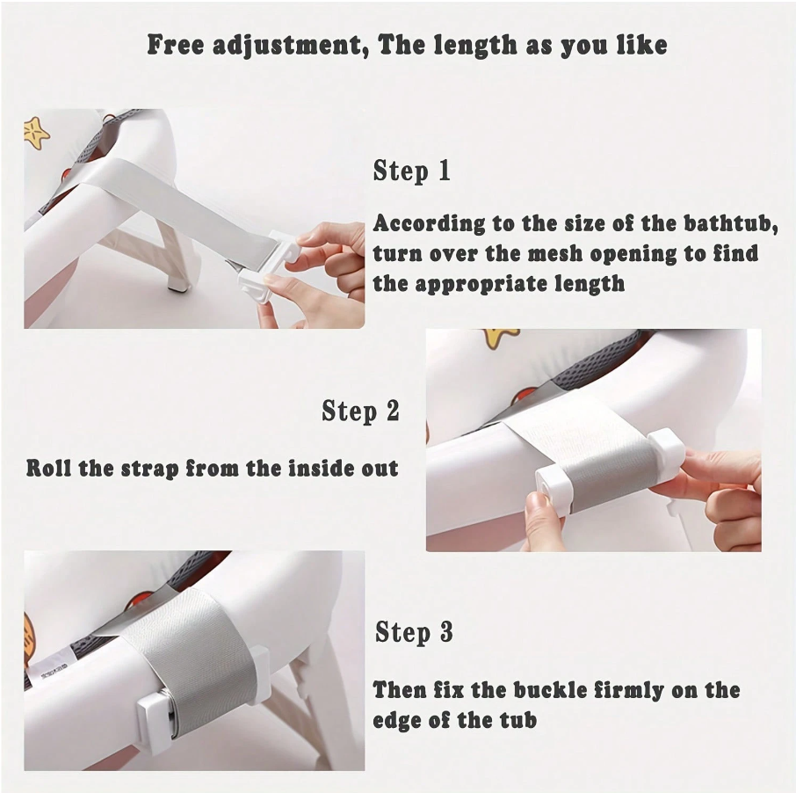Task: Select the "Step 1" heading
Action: pyautogui.click(x=412, y=171)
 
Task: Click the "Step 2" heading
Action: pyautogui.click(x=360, y=411)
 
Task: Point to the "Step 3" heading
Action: pyautogui.click(x=414, y=632)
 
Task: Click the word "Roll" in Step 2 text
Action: pyautogui.click(x=48, y=469)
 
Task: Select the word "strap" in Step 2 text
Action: pyautogui.click(x=149, y=469)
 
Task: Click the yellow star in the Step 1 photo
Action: pyautogui.click(x=36, y=133)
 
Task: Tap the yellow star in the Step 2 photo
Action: pyautogui.click(x=500, y=338)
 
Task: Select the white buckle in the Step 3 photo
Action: pyautogui.click(x=155, y=717)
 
